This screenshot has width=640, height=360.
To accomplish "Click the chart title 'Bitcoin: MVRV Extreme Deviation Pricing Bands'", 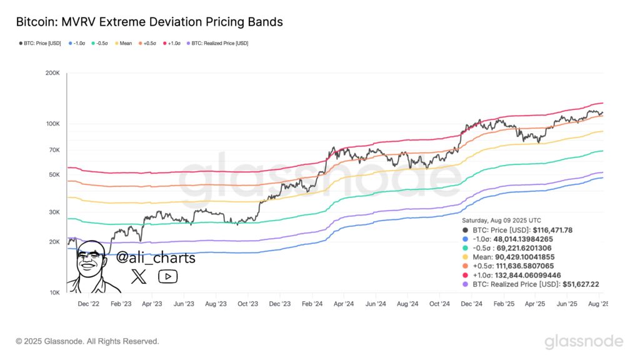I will (x=149, y=22).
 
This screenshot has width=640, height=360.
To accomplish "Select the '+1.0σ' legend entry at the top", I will (x=172, y=43).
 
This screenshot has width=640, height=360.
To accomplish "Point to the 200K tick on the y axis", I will (x=52, y=74).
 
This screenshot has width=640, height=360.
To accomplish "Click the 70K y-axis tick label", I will (x=53, y=151).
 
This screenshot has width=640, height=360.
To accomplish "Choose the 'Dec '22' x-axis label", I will (x=88, y=304).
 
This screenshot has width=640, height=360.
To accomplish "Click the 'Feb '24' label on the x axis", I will (x=311, y=304).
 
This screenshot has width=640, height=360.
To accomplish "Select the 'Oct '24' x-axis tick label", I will (x=439, y=304).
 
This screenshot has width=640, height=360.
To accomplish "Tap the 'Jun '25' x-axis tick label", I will (x=567, y=304).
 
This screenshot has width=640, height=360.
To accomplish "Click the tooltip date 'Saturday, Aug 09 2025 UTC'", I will (x=501, y=221).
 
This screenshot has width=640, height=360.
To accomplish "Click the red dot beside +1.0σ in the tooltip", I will (x=466, y=275).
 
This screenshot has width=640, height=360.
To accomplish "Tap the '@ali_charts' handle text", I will (x=156, y=258).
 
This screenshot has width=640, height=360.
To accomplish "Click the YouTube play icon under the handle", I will (x=167, y=276).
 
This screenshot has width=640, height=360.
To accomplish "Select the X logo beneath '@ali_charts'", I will (x=139, y=276).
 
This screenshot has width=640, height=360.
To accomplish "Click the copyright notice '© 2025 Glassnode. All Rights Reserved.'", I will (x=87, y=341).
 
